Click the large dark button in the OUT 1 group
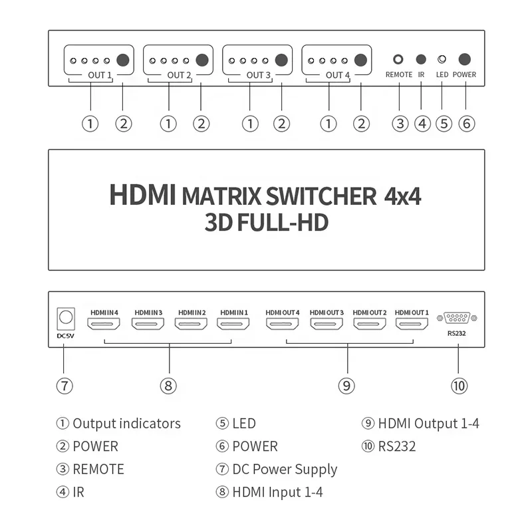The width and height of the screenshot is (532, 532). point(123,60)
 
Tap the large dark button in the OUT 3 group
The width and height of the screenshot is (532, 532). point(281,60)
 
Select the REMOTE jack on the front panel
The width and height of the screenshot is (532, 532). point(398,59)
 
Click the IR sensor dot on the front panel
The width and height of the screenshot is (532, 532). point(421,59)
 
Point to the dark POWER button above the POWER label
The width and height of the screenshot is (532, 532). point(464,59)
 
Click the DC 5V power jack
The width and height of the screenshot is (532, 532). point(66,319)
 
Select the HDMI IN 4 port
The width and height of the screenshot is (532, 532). point(104,324)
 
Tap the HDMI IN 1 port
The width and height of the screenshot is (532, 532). point(233,324)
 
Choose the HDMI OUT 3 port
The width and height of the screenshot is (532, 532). point(327,324)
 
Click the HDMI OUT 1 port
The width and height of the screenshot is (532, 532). point(412,324)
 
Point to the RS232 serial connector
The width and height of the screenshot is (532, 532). point(457,318)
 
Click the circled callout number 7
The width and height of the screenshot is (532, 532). point(65,386)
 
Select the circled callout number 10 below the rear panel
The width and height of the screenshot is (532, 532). point(459,386)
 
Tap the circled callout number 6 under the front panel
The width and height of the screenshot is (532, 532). point(467,124)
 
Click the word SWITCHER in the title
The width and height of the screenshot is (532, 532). point(321,196)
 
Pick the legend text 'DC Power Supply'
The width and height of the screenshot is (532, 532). point(285,469)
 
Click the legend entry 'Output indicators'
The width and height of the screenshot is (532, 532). point(126,424)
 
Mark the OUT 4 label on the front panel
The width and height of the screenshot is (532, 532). point(338,75)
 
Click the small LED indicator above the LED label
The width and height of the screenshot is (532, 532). point(442,59)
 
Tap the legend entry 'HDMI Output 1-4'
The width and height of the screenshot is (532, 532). point(428,424)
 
